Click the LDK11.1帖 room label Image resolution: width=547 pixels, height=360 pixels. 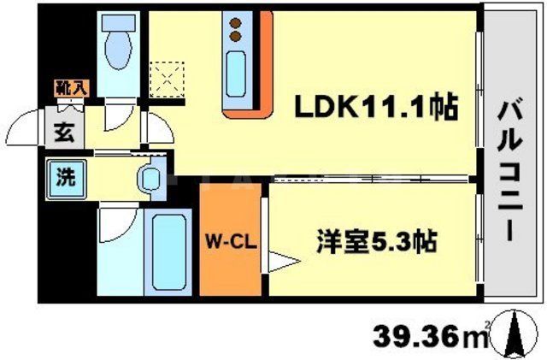[377, 108]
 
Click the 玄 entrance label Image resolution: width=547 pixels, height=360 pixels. [64, 133]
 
